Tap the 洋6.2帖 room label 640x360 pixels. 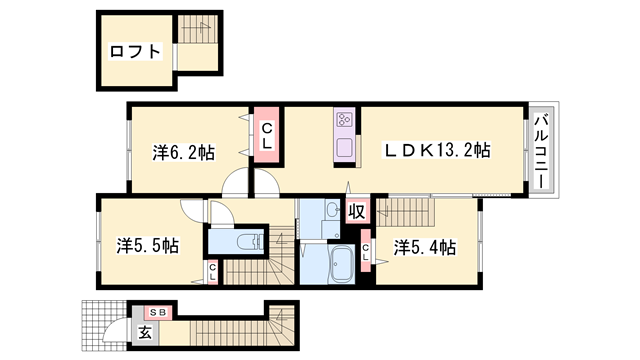pyautogui.click(x=183, y=153)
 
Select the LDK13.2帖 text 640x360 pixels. pyautogui.click(x=438, y=151)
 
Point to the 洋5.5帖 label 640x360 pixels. pyautogui.click(x=146, y=244)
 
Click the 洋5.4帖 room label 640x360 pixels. pyautogui.click(x=424, y=246)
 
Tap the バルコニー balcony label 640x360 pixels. pyautogui.click(x=540, y=153)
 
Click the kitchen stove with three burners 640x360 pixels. pyautogui.click(x=344, y=121)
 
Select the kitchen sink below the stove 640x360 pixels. pyautogui.click(x=344, y=147)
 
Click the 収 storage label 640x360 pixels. pyautogui.click(x=356, y=211)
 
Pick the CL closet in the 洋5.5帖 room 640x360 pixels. pyautogui.click(x=213, y=269)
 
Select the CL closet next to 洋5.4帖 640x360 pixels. pyautogui.click(x=367, y=255)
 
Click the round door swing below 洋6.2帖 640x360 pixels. pyautogui.click(x=235, y=182)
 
